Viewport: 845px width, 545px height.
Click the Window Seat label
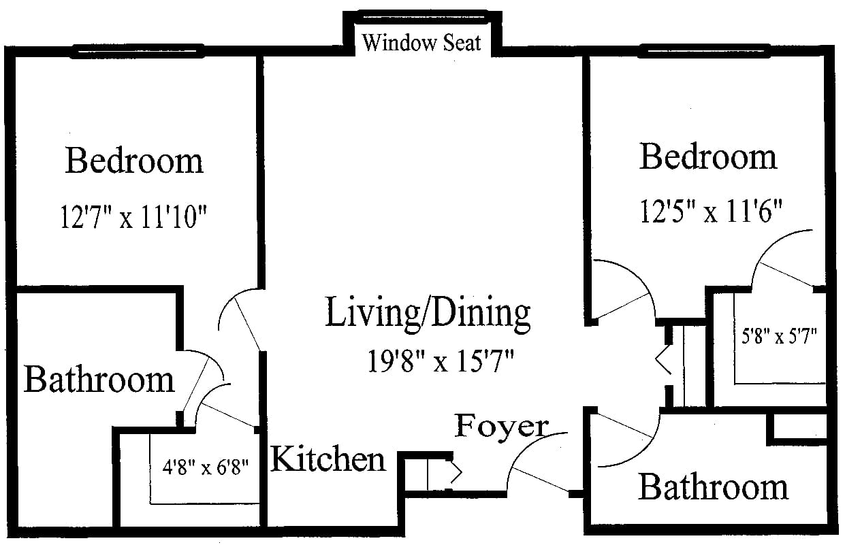421,43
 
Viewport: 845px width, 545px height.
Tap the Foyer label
501,427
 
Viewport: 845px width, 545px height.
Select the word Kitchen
328,459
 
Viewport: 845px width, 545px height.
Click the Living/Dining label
428,313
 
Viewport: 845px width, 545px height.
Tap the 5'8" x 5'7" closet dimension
779,335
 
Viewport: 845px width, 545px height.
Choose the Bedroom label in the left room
134,161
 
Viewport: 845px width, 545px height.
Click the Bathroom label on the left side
99,379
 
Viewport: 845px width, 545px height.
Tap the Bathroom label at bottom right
713,487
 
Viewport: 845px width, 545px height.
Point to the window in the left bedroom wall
139,51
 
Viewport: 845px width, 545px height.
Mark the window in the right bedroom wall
705,51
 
